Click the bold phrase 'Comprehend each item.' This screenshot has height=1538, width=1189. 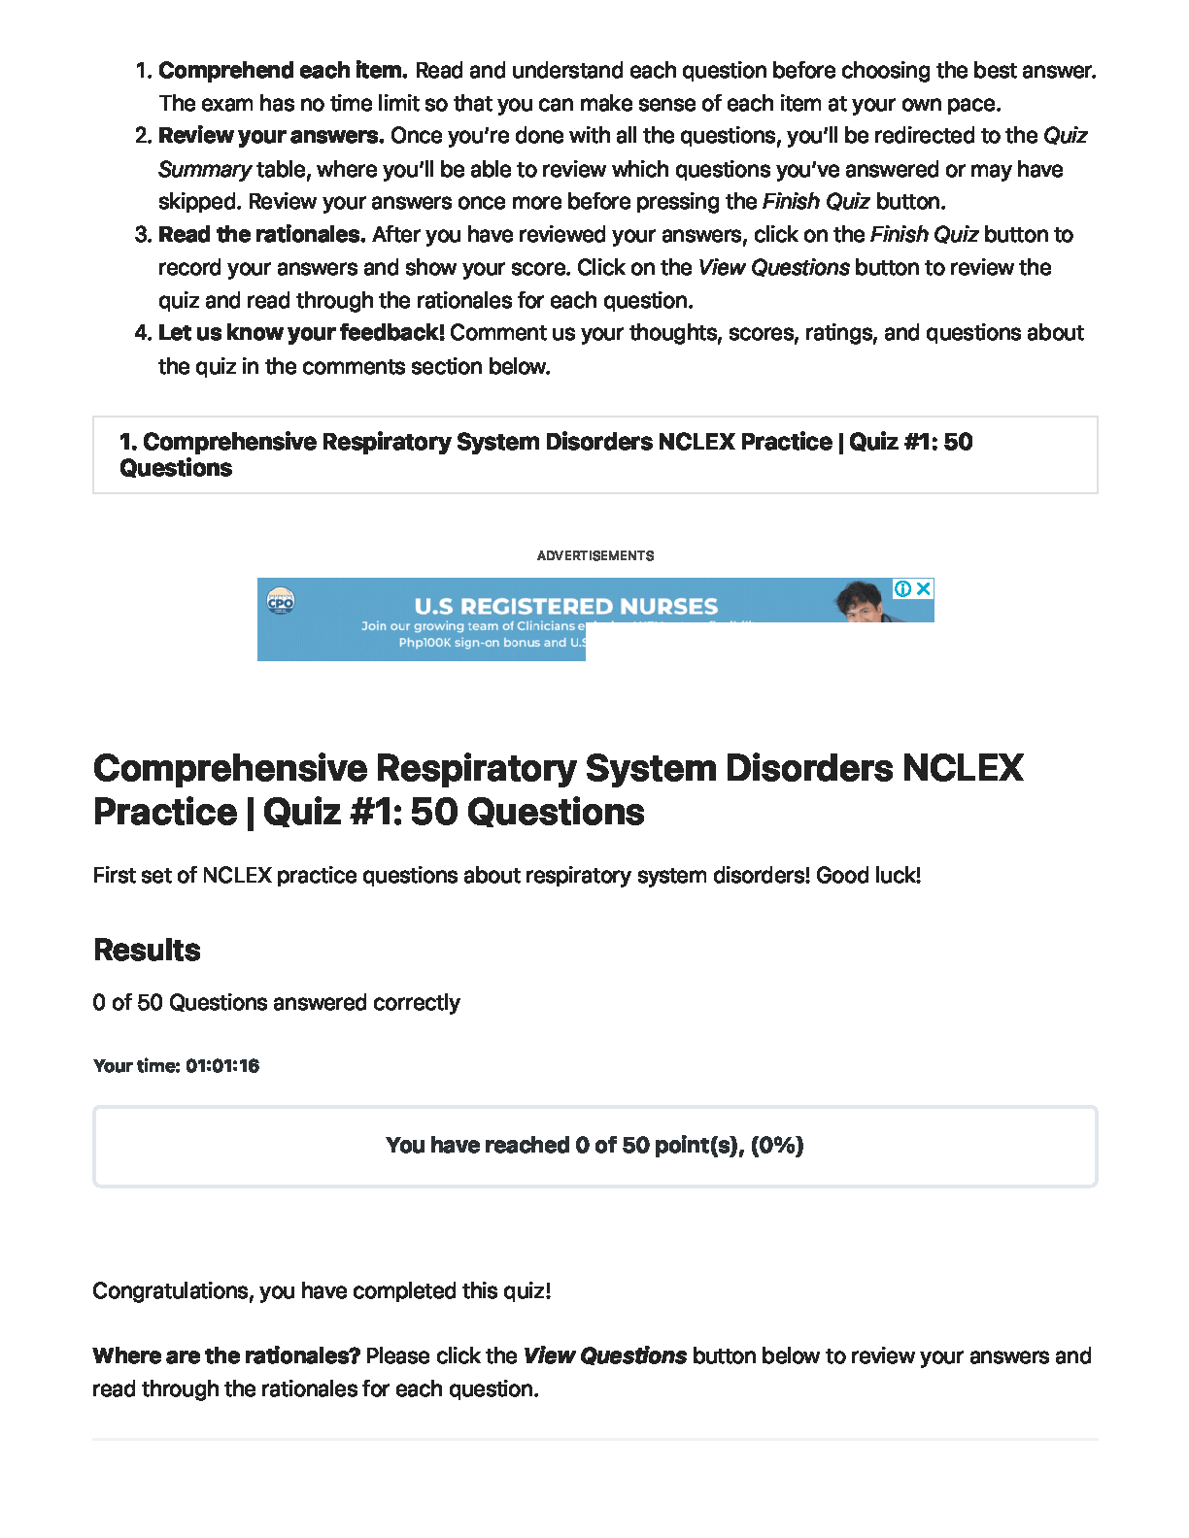(282, 71)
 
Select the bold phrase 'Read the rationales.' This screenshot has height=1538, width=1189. (261, 235)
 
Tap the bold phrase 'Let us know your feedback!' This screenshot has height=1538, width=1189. (301, 333)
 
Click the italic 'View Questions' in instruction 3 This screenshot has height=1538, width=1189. (773, 268)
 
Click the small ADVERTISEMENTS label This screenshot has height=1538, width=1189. (595, 556)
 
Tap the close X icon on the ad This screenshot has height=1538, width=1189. (924, 588)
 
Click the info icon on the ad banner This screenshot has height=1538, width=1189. (902, 588)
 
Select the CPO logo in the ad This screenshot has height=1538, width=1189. (281, 602)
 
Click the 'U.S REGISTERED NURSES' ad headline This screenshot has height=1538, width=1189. (565, 607)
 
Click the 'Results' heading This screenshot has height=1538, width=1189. (147, 951)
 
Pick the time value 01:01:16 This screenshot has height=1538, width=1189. (222, 1066)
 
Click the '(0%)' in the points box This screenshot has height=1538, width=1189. (777, 1146)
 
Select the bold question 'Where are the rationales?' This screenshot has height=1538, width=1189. (226, 1356)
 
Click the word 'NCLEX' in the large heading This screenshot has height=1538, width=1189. (963, 768)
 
